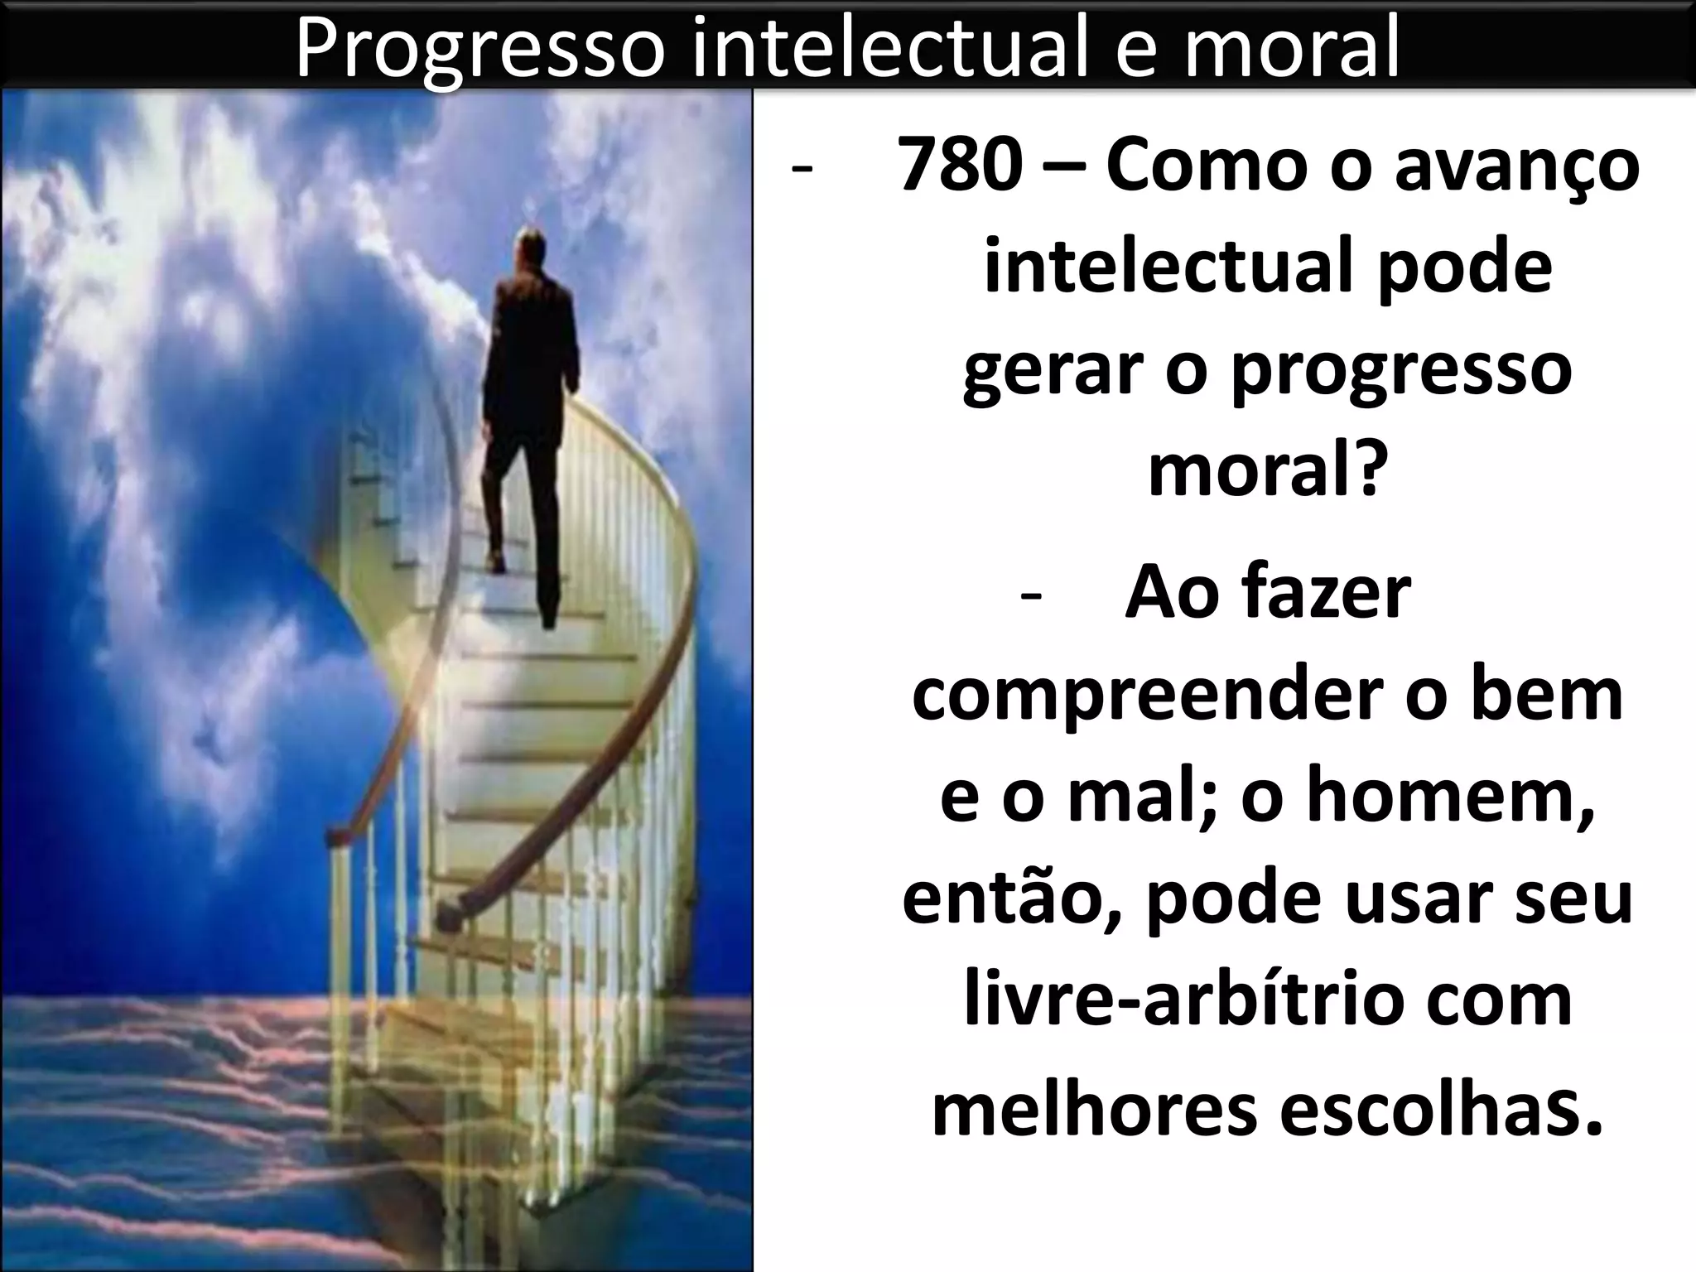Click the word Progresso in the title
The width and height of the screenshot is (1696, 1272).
(x=479, y=48)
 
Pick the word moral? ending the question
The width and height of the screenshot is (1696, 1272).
(x=1267, y=470)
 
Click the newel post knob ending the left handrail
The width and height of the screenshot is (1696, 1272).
(x=335, y=838)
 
